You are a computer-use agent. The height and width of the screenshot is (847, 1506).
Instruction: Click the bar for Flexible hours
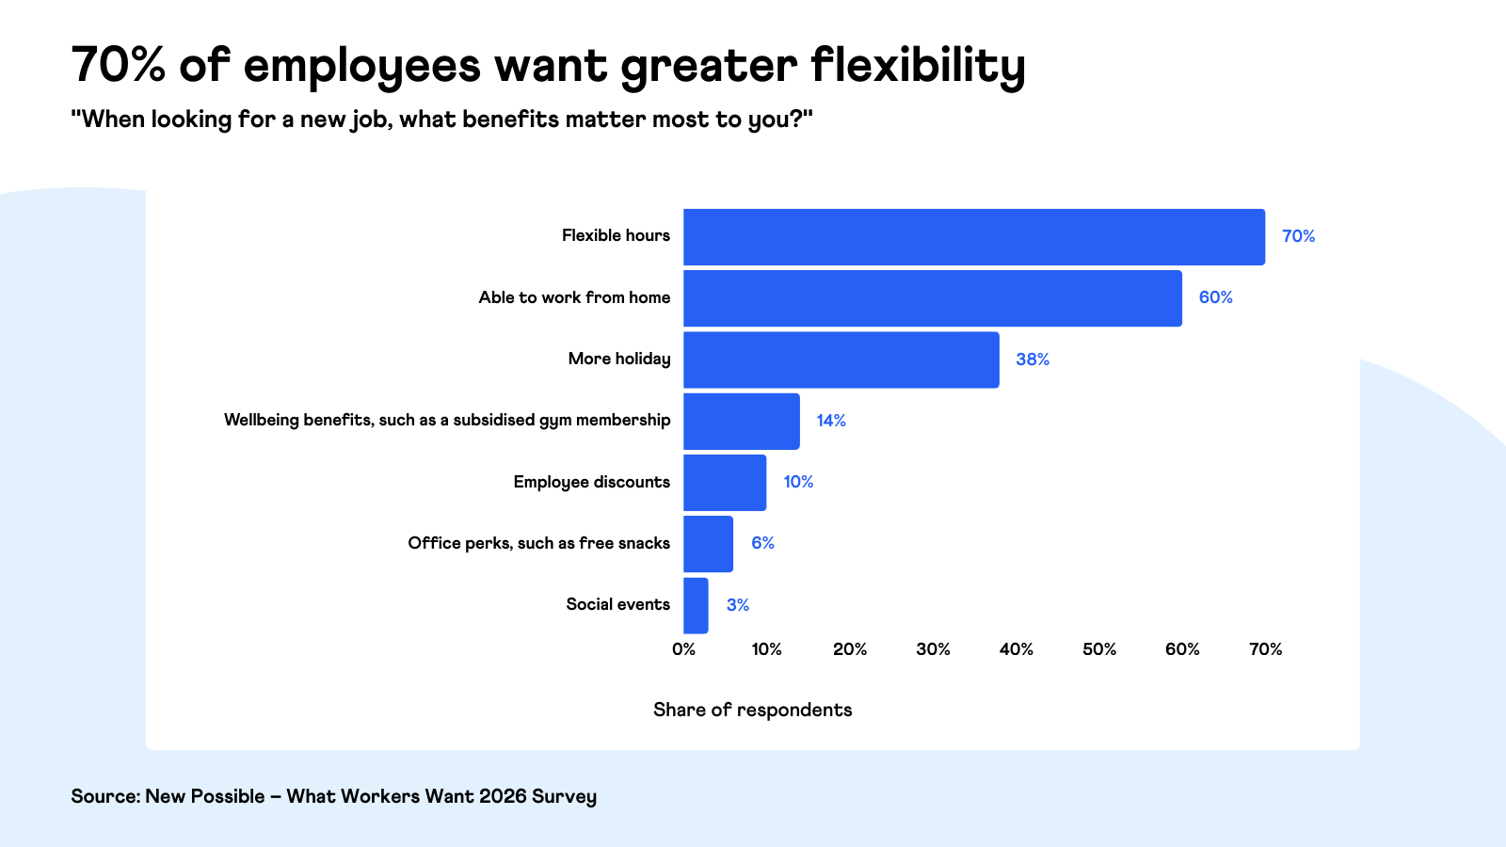pyautogui.click(x=973, y=237)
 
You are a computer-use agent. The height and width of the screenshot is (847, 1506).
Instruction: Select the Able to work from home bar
pyautogui.click(x=932, y=298)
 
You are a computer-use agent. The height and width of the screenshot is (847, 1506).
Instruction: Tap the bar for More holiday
pyautogui.click(x=841, y=360)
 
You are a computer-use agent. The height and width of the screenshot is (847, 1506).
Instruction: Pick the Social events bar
pyautogui.click(x=696, y=605)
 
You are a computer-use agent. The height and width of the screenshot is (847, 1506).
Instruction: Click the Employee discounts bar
pyautogui.click(x=725, y=483)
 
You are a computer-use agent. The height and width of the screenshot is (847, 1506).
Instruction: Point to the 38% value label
pyautogui.click(x=1032, y=360)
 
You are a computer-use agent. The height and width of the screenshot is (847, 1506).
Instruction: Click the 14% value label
pyautogui.click(x=830, y=421)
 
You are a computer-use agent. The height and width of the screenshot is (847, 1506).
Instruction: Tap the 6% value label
pyautogui.click(x=762, y=543)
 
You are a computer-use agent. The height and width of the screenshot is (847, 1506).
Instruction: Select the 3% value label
pyautogui.click(x=737, y=605)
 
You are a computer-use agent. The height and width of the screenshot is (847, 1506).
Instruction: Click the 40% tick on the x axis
pyautogui.click(x=1016, y=649)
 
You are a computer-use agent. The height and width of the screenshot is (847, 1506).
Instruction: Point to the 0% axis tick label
pyautogui.click(x=683, y=649)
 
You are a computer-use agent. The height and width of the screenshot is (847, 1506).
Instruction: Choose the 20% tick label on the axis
pyautogui.click(x=849, y=649)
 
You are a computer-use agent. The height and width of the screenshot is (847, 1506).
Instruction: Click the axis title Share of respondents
pyautogui.click(x=752, y=710)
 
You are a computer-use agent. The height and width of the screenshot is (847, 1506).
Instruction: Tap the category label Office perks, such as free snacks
pyautogui.click(x=538, y=543)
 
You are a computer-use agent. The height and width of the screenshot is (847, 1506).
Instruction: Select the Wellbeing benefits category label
pyautogui.click(x=446, y=420)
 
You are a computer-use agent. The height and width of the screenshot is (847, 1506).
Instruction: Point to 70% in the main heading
pyautogui.click(x=118, y=66)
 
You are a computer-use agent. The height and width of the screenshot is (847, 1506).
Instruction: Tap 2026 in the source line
pyautogui.click(x=503, y=796)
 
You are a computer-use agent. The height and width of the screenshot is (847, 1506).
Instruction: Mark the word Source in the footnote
pyautogui.click(x=104, y=796)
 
